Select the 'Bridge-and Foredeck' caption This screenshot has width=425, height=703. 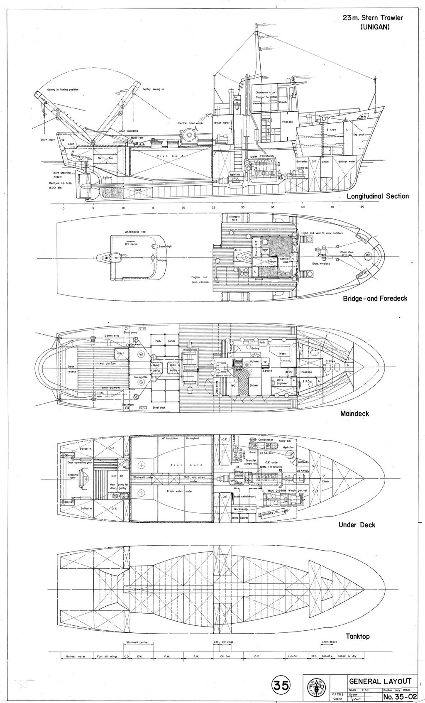coord(375,298)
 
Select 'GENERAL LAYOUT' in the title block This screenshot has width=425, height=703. coord(381,681)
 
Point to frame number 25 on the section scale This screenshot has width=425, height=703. coord(213,207)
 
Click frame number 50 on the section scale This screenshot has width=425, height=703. coord(362,207)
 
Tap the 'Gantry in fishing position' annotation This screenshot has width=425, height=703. coord(61,90)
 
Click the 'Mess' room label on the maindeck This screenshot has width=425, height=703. coord(282,354)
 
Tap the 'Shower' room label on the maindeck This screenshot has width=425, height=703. coord(254,385)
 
